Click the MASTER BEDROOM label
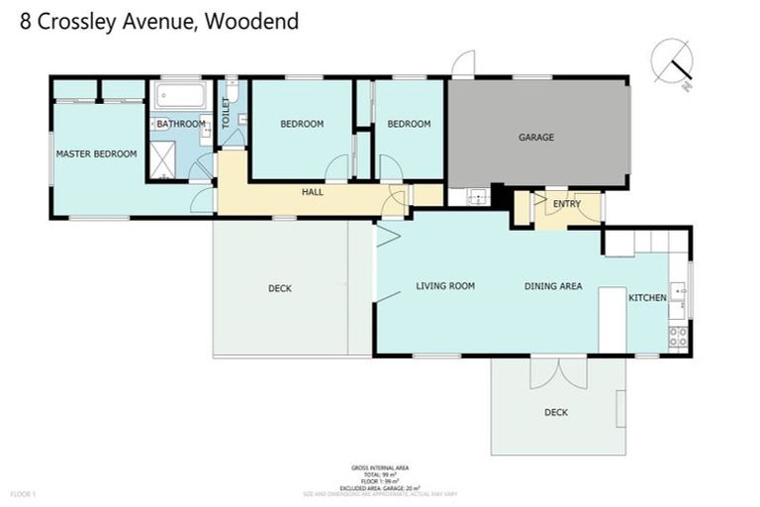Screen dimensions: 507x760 coord(96,153)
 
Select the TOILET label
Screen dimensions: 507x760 coord(226,116)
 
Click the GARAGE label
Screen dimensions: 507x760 coord(536,138)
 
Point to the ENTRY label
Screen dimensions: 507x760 coord(567,205)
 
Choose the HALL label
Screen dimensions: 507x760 coord(313,191)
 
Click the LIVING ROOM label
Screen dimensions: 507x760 coord(445,286)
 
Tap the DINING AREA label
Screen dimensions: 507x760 coord(552,286)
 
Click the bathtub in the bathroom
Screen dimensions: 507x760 coord(179,97)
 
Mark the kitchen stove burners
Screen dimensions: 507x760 coord(678,336)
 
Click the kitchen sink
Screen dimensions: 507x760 coord(678,291)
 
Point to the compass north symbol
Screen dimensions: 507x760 coord(674,60)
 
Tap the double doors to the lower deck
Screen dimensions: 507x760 coord(551,372)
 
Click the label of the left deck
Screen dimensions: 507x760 coord(279,289)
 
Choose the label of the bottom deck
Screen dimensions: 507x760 coord(556,413)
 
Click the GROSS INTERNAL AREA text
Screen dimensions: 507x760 coord(380,467)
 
